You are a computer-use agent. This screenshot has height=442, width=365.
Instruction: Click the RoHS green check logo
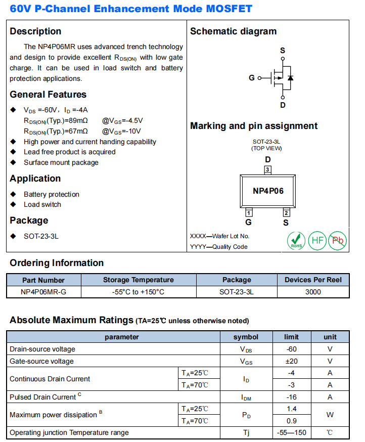(296, 240)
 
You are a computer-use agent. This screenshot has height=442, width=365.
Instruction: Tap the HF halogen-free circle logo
(317, 240)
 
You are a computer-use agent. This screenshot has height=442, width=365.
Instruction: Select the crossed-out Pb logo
(337, 240)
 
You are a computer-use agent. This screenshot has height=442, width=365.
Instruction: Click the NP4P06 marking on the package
(268, 191)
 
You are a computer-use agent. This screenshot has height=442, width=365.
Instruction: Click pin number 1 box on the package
(249, 212)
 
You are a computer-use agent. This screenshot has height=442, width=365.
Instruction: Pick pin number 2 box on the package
(286, 212)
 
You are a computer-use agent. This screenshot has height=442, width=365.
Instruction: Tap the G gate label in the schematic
(252, 78)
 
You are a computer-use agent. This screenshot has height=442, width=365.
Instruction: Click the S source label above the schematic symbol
(283, 51)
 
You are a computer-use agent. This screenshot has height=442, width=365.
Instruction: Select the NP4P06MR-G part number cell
(43, 292)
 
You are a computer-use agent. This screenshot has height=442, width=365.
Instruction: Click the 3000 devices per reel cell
(313, 292)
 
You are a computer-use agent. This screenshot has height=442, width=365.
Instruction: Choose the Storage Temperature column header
(138, 280)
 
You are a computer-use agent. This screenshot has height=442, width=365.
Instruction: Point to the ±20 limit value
(291, 361)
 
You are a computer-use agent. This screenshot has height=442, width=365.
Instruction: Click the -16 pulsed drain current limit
(291, 397)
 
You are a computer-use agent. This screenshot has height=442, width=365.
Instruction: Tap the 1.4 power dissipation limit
(291, 409)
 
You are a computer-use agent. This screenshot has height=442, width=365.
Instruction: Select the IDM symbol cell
(246, 397)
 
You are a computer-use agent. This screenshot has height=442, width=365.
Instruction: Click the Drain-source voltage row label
(42, 349)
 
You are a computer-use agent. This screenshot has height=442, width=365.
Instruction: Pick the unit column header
(330, 337)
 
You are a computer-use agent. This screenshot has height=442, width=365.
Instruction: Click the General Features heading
(48, 95)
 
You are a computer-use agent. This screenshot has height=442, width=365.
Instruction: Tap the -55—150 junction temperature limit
(291, 432)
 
